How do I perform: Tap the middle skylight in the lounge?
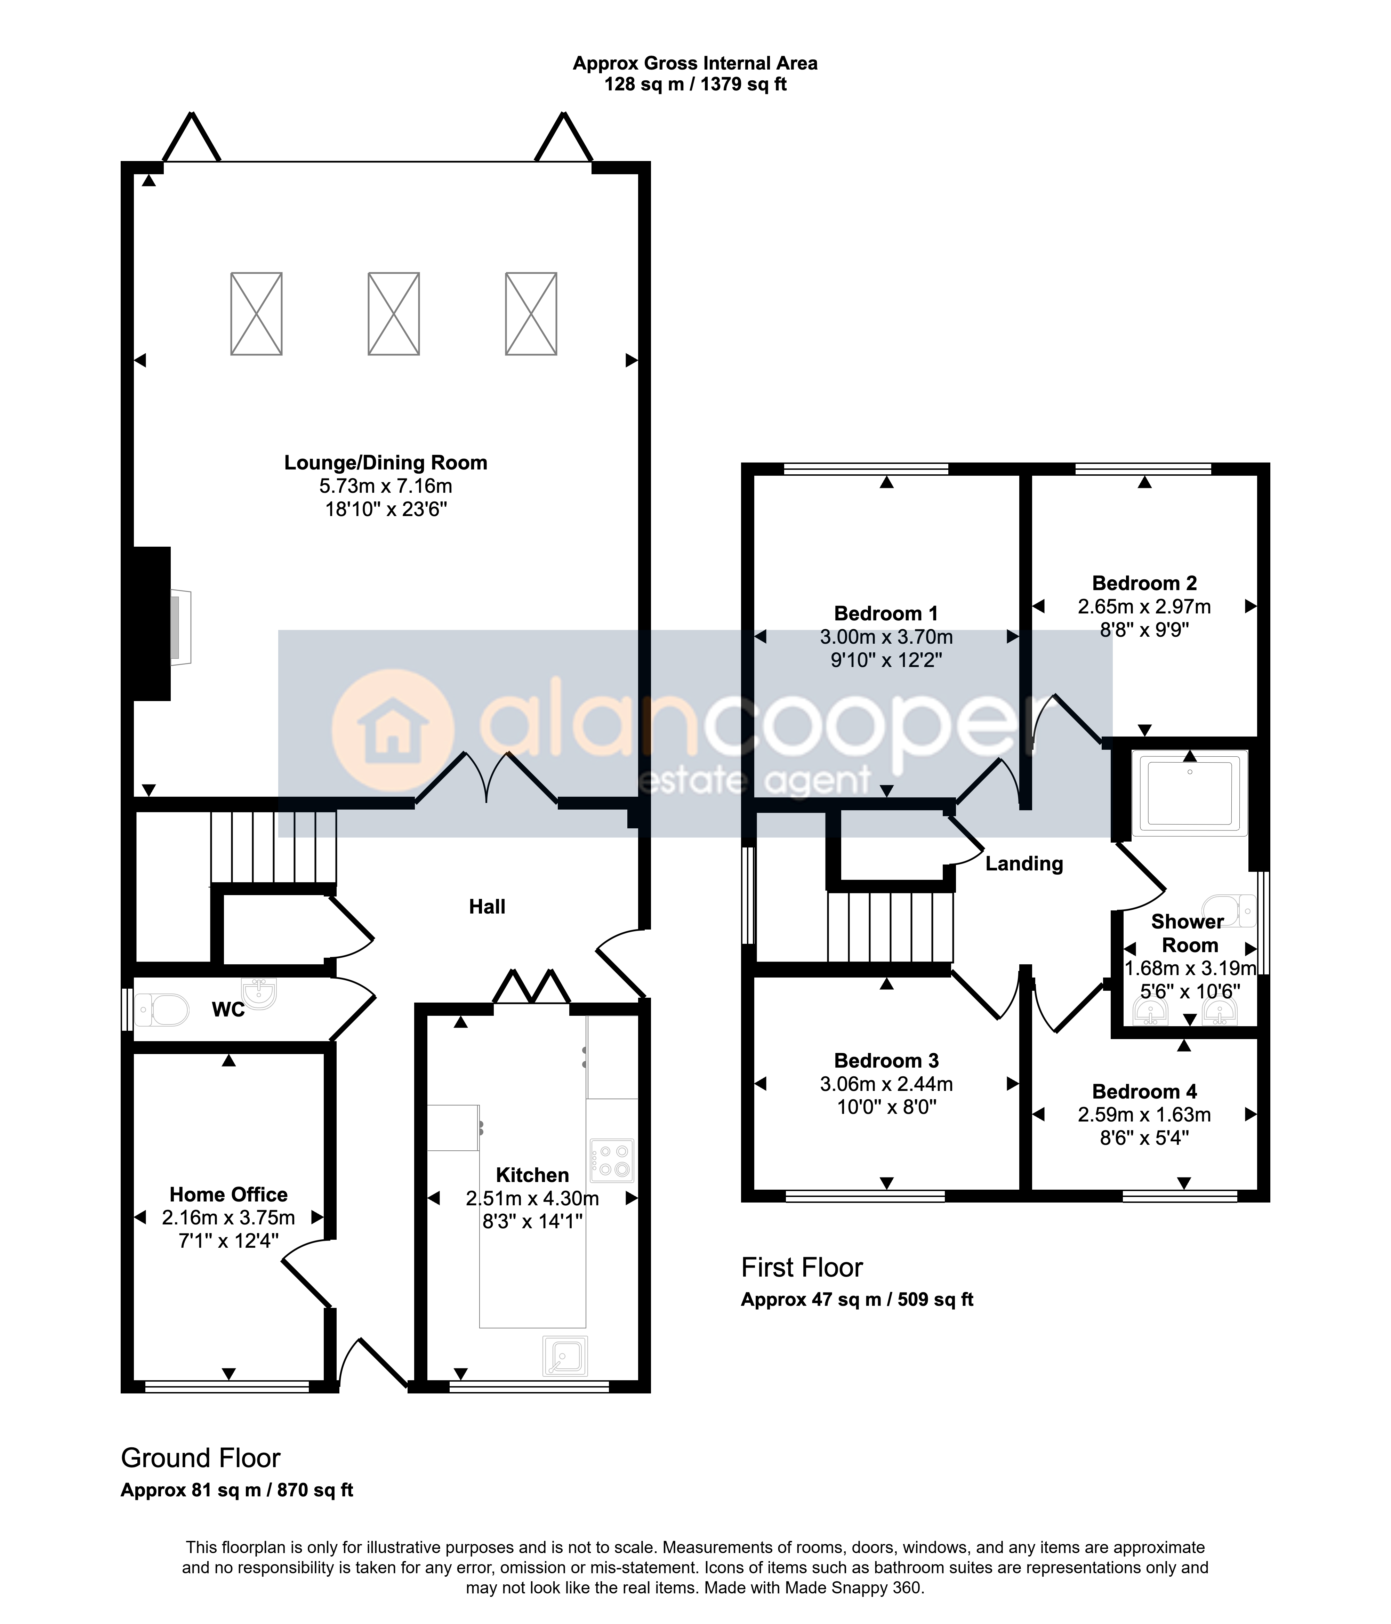click(393, 314)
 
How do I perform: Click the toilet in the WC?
click(162, 1010)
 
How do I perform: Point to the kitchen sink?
click(565, 1356)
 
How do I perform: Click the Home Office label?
click(229, 1195)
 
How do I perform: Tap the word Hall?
click(487, 907)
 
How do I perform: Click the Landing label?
click(1024, 864)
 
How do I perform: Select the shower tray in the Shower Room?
click(1190, 791)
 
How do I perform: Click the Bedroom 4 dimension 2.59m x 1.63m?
click(1144, 1115)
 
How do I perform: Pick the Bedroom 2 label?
click(1144, 583)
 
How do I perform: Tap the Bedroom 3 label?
click(886, 1060)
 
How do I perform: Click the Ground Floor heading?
click(201, 1458)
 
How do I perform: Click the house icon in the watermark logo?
click(393, 731)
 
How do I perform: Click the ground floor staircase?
click(273, 847)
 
